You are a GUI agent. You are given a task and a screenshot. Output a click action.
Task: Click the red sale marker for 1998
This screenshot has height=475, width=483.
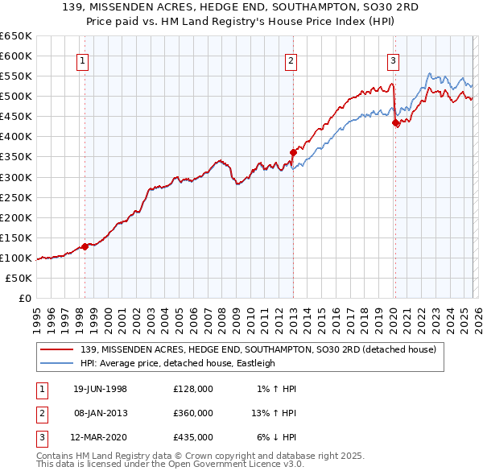point(85,246)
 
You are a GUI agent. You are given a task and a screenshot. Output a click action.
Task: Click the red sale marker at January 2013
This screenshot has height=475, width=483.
point(293,152)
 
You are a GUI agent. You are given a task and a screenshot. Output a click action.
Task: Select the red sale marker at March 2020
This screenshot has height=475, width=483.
point(395,122)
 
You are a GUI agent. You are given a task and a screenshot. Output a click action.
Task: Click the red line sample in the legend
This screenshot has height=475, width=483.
point(58,349)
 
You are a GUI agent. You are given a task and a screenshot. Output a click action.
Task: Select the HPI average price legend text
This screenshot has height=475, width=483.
point(178,363)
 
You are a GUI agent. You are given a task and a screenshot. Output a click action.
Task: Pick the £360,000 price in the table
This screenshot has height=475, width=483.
point(192,413)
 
